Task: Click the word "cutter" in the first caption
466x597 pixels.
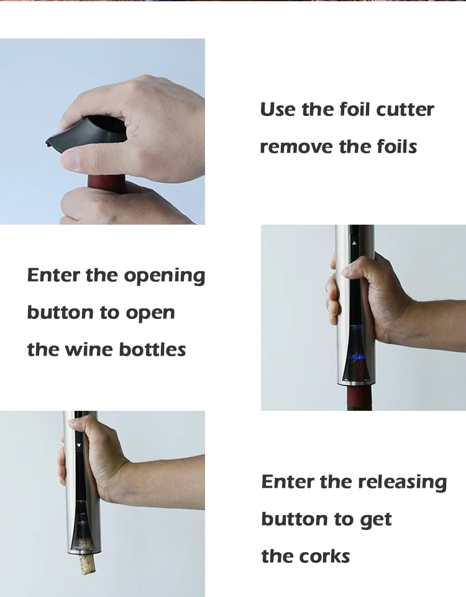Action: [x=404, y=110]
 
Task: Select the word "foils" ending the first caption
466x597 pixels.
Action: [x=396, y=147]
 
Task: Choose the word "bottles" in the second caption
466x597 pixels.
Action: [x=152, y=349]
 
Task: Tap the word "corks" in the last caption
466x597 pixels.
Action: [x=324, y=556]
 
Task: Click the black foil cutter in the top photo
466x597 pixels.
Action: [x=87, y=133]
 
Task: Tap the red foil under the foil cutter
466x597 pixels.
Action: [x=106, y=184]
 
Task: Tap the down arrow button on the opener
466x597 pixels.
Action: [x=79, y=445]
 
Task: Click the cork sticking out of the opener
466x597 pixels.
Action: [x=86, y=565]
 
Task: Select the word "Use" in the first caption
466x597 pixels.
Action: [x=277, y=110]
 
